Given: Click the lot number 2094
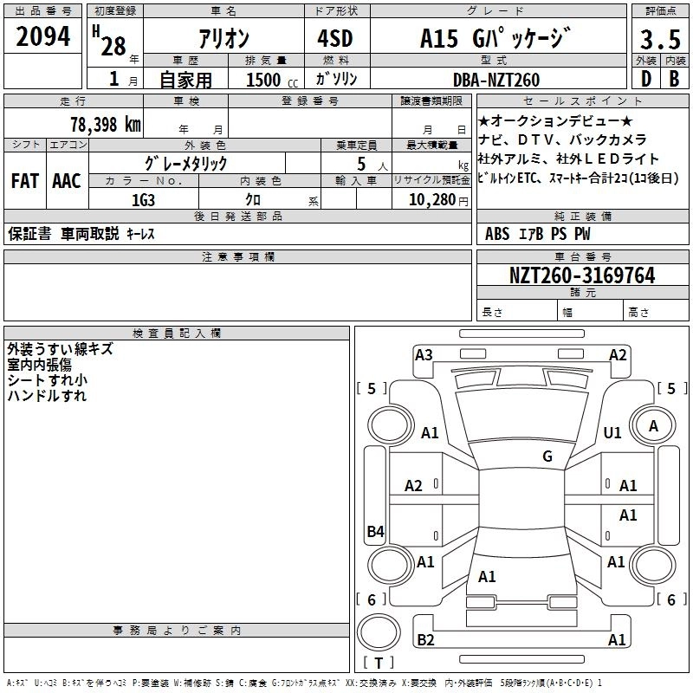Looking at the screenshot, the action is point(43,37).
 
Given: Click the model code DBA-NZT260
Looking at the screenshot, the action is point(496,80).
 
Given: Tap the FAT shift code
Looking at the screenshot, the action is point(25,180).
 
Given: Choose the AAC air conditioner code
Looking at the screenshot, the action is point(67,180).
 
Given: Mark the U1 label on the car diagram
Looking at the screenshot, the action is point(612,432).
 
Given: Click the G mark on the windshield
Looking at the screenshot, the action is point(547,457).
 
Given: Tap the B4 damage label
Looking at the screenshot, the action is point(375,532).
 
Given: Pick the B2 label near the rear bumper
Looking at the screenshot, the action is point(425,639).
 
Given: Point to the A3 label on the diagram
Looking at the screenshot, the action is point(424,354).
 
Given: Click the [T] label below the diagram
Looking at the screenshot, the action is point(379,663).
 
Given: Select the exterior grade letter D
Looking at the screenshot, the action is point(645,80).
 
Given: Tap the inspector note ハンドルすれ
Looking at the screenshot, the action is point(47,396).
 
